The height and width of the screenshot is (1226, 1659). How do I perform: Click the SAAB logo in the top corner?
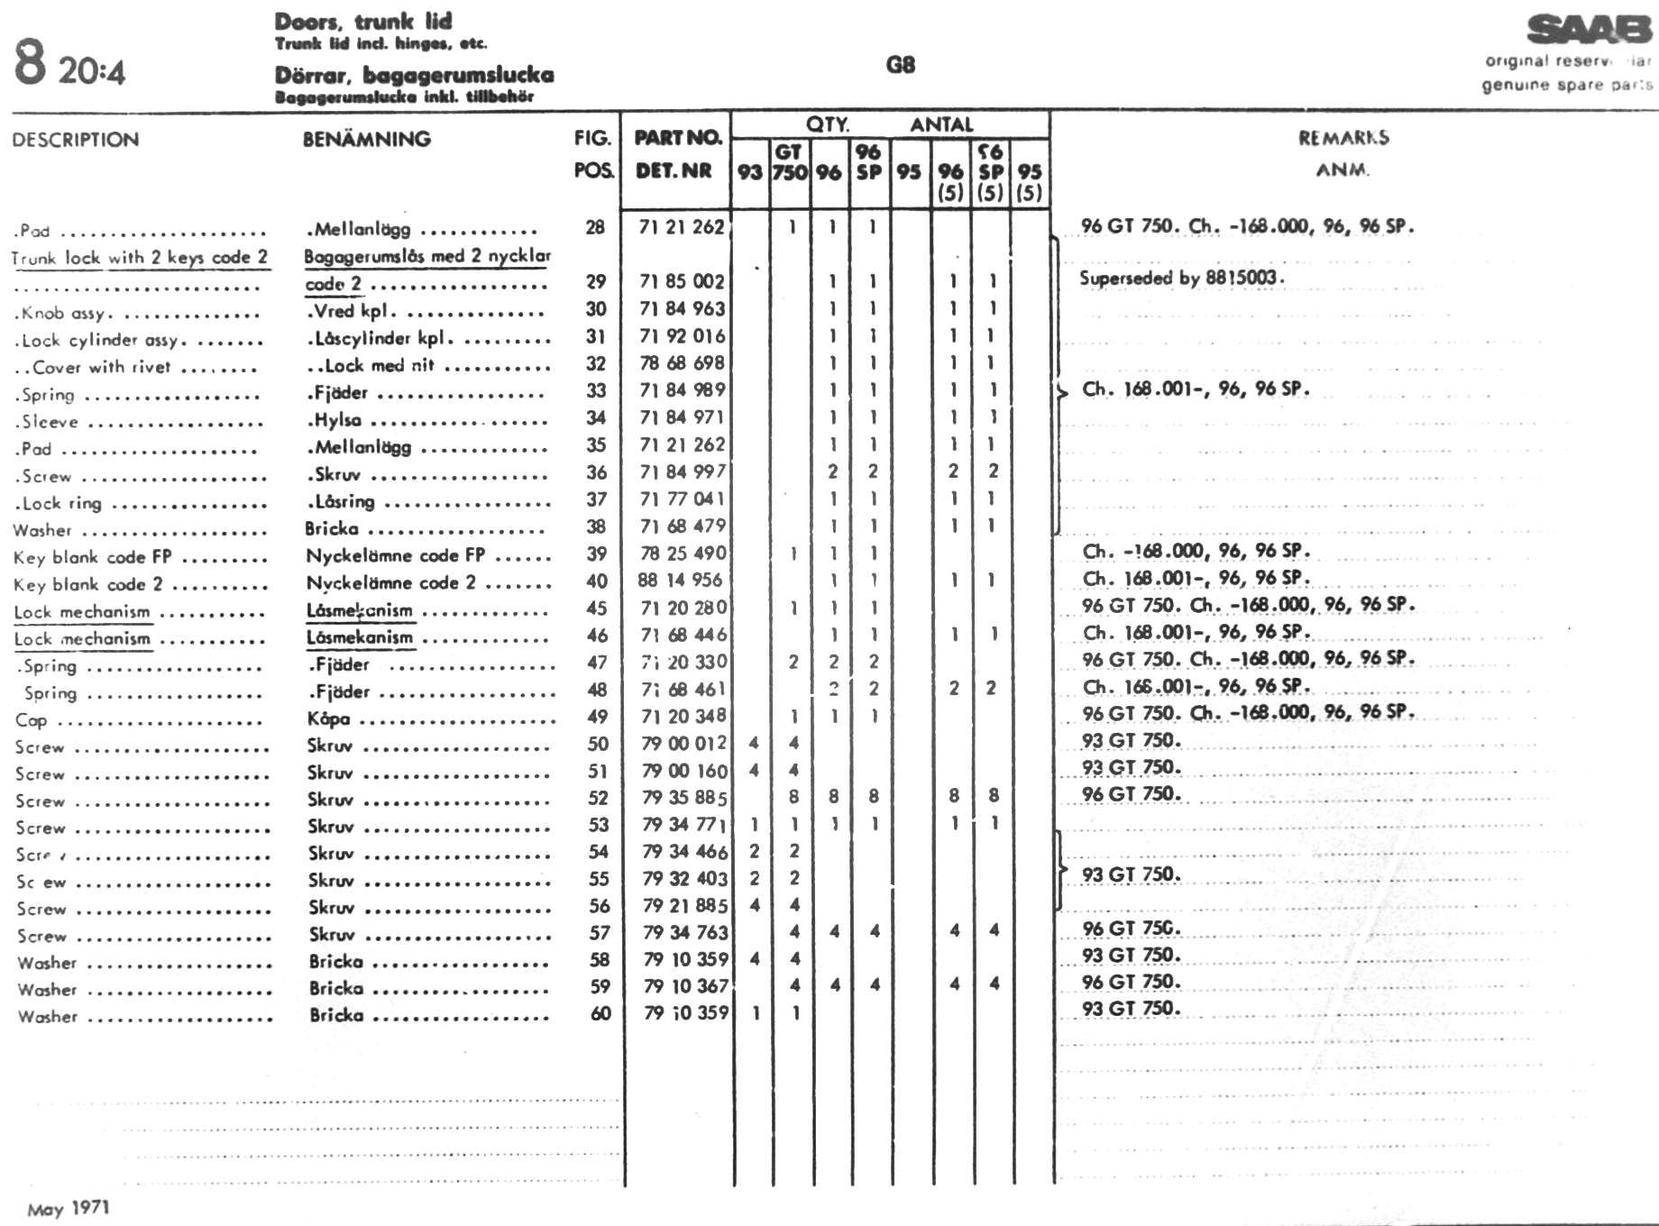point(1589,30)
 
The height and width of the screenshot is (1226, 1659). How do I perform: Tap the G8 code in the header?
point(900,65)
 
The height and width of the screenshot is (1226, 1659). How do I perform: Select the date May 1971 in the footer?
point(69,1208)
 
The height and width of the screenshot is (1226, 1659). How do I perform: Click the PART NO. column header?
point(678,138)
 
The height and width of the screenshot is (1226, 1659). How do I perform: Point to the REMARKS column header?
point(1343,138)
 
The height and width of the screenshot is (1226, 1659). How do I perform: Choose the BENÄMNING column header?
point(366,140)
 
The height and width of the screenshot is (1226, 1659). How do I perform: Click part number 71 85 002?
point(682,281)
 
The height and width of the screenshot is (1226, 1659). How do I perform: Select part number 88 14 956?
point(680,580)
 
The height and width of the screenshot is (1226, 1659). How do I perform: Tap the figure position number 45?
point(597,608)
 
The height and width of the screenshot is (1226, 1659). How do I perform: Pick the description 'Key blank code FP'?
point(92,557)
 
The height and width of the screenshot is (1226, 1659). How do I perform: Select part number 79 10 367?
point(685,986)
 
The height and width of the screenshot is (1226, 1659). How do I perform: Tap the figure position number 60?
point(600,1013)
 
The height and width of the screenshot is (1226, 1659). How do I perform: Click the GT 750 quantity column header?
point(789,162)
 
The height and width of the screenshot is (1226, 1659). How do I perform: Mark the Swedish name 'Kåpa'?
point(328,718)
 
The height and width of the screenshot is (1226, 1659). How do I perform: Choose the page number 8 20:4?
point(69,65)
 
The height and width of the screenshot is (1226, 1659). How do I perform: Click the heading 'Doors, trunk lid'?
point(363,21)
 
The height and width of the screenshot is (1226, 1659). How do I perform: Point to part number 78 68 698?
point(682,362)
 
